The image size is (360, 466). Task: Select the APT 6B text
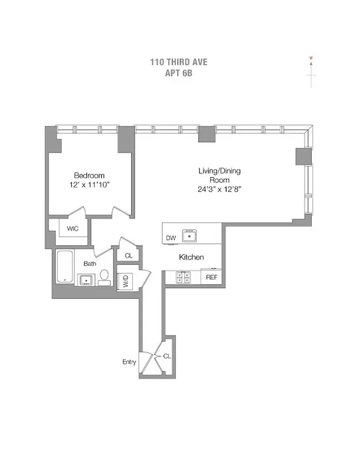[179, 74]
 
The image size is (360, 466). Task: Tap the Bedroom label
[89, 175]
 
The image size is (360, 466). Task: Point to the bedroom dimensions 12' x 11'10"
[89, 185]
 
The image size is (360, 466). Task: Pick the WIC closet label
[72, 228]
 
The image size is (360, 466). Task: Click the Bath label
[89, 264]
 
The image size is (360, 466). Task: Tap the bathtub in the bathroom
[65, 267]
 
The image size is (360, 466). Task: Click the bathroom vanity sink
[86, 280]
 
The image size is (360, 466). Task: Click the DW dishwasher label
[171, 238]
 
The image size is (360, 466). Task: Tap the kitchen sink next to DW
[189, 236]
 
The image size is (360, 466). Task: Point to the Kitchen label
[191, 257]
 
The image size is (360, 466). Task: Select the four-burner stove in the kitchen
[181, 278]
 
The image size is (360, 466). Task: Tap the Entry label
[129, 362]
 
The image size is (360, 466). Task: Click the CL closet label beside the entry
[167, 355]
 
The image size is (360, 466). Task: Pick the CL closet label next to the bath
[128, 255]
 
